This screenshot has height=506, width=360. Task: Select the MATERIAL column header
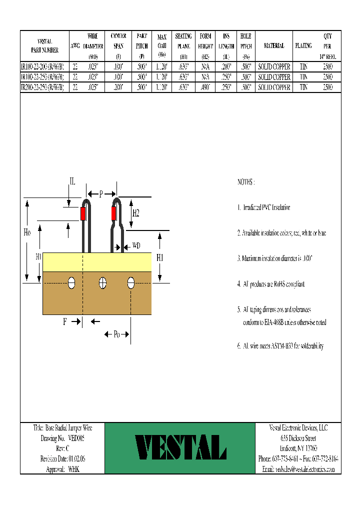pyautogui.click(x=274, y=45)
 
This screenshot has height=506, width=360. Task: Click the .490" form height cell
pyautogui.click(x=205, y=86)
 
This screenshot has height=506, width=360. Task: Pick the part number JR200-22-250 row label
pyautogui.click(x=42, y=86)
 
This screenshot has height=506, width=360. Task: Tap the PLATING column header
pyautogui.click(x=303, y=45)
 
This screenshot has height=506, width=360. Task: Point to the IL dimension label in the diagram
pyautogui.click(x=72, y=182)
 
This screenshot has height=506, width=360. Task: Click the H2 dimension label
pyautogui.click(x=135, y=213)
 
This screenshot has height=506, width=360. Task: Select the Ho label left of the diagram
pyautogui.click(x=27, y=232)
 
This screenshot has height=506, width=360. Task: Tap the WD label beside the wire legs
pyautogui.click(x=136, y=246)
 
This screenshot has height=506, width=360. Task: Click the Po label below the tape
pyautogui.click(x=116, y=334)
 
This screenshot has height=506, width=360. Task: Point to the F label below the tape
pyautogui.click(x=65, y=322)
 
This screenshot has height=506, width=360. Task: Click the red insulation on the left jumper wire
pyautogui.click(x=83, y=213)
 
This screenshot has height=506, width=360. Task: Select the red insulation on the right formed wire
pyautogui.click(x=114, y=213)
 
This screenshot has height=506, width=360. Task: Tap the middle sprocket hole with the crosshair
pyautogui.click(x=102, y=283)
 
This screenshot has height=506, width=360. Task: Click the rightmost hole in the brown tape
pyautogui.click(x=131, y=283)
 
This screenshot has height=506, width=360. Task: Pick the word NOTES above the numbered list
pyautogui.click(x=246, y=182)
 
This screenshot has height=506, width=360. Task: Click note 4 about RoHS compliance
pyautogui.click(x=270, y=284)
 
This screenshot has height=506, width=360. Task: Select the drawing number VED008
pyautogui.click(x=76, y=437)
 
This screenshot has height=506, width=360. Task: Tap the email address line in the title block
pyautogui.click(x=298, y=469)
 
